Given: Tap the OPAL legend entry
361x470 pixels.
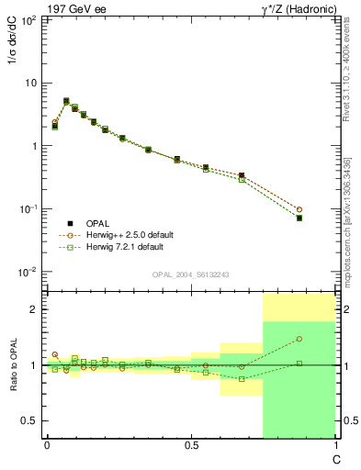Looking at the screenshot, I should [99, 222].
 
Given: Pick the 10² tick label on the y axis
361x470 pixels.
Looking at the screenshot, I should [28, 19].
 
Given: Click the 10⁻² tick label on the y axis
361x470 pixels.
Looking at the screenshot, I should [28, 272].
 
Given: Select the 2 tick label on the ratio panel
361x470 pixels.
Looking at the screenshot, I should [35, 309].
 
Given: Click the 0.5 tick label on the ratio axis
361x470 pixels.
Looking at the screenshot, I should [29, 420].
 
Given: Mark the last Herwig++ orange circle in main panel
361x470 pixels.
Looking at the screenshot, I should [299, 209].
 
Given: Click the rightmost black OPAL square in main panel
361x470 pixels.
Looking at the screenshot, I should [299, 218].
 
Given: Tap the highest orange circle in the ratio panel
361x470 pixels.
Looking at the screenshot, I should [299, 339].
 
